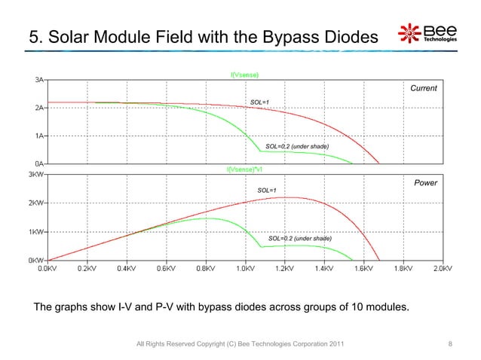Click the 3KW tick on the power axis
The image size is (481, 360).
[35, 174]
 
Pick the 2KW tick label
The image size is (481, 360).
[35, 203]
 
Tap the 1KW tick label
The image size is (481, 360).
[35, 231]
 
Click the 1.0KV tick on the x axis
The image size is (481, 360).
[244, 267]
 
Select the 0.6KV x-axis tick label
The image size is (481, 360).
[164, 267]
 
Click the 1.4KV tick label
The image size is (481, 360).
[324, 267]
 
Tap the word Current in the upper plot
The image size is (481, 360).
[423, 89]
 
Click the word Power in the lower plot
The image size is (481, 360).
[426, 182]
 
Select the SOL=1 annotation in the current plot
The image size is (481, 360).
[259, 102]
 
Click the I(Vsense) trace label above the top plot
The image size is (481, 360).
[245, 74]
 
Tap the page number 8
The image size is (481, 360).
[449, 344]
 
